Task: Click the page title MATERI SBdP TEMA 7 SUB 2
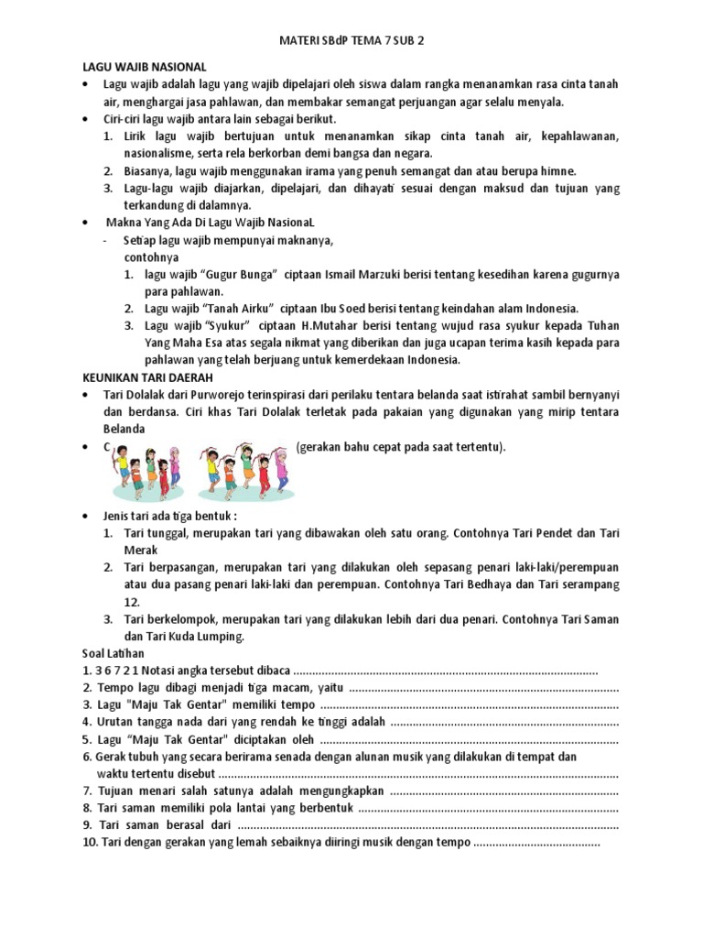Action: pyautogui.click(x=351, y=42)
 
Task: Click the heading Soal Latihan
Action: pyautogui.click(x=114, y=652)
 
